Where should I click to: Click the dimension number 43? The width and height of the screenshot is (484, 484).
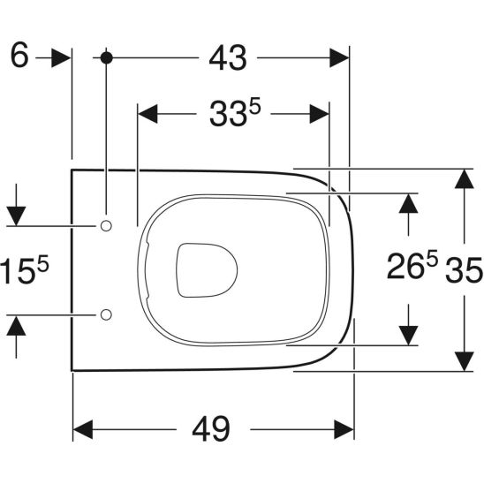pos(227,57)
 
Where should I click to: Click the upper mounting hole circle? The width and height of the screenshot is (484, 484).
pos(107,227)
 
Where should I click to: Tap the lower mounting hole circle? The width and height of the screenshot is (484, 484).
pos(107,314)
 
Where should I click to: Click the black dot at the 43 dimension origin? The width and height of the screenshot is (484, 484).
pos(107,57)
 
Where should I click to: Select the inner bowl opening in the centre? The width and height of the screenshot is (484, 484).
pos(207,269)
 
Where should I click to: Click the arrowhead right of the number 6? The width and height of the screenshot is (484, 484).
pos(61,57)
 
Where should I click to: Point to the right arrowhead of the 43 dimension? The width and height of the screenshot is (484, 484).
pos(341,57)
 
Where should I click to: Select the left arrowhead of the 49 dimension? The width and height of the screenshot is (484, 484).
pos(82,430)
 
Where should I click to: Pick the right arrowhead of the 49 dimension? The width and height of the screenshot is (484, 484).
pos(344,430)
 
